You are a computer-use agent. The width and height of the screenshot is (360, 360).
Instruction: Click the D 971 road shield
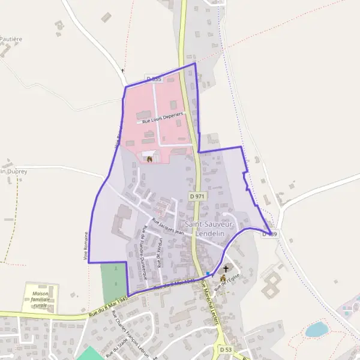click(x=196, y=196)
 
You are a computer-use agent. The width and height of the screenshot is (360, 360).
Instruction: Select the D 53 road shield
click(x=226, y=349)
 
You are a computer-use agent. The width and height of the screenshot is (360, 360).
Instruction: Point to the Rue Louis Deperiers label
click(x=161, y=118)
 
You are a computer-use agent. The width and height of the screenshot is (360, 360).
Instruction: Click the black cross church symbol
click(x=226, y=269)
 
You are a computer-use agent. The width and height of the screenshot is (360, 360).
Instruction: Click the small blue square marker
click(x=208, y=274)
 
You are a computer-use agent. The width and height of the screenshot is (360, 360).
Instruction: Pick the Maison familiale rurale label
click(x=41, y=299)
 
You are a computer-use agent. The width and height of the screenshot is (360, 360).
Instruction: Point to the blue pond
click(x=316, y=329)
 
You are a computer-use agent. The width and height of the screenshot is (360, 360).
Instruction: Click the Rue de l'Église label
click(x=229, y=284)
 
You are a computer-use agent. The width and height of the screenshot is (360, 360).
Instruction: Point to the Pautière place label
click(x=11, y=39)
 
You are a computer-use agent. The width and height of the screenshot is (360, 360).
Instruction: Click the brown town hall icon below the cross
click(x=224, y=279)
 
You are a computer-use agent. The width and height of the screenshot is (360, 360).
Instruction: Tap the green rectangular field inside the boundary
click(x=114, y=282)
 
